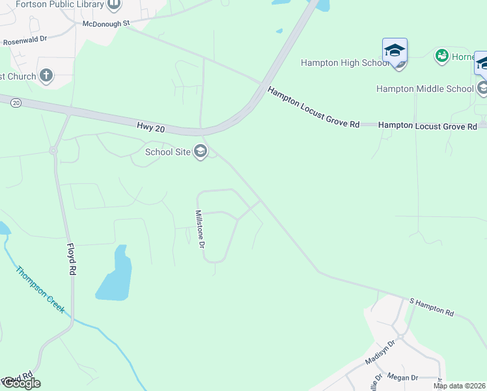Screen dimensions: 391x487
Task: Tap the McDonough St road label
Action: click(x=107, y=23)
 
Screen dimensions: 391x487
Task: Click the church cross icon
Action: click(x=46, y=76)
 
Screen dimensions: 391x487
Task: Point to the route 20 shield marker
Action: click(x=16, y=102)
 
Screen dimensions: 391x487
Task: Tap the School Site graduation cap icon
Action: click(x=201, y=152)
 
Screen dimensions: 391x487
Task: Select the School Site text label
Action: click(x=167, y=152)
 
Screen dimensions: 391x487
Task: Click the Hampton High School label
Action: click(x=344, y=63)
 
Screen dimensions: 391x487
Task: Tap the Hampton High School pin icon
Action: click(x=395, y=51)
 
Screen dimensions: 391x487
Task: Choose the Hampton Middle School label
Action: click(x=424, y=89)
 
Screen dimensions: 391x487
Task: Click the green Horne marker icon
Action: click(x=442, y=56)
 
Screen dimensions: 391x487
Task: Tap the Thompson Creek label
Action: click(x=40, y=289)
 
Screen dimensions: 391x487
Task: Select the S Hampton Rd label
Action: click(x=431, y=308)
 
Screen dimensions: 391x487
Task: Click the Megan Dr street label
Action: click(x=402, y=377)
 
